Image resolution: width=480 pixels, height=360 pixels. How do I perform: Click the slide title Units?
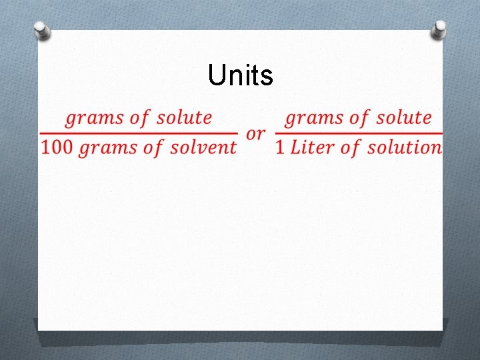[240, 76]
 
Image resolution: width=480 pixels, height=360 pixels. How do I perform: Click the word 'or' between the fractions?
[255, 133]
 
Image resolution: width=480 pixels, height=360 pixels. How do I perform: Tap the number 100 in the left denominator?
[56, 147]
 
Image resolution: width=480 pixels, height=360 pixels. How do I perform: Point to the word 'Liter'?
[313, 147]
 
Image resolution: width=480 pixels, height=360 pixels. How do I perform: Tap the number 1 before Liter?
[280, 147]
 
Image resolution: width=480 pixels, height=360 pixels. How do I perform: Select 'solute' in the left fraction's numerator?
[184, 118]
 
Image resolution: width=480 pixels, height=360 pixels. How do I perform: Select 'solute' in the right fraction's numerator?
[404, 118]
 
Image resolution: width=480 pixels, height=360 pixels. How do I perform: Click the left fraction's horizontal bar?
[138, 133]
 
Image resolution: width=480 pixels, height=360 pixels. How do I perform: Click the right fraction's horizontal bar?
[359, 133]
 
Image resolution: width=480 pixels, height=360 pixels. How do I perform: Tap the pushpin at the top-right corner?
[439, 29]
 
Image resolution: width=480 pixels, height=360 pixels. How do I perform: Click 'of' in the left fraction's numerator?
[139, 118]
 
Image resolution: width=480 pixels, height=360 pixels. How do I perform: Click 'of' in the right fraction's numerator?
[359, 118]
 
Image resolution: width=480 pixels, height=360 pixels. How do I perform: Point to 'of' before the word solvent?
[153, 147]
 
